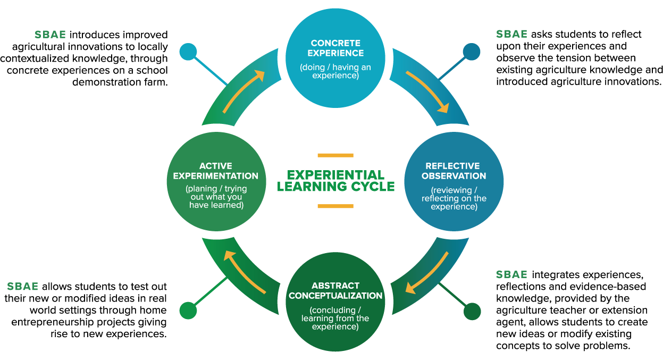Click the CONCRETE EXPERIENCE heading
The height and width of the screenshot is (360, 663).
coord(335,48)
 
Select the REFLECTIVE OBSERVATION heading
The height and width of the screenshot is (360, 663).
coord(456,171)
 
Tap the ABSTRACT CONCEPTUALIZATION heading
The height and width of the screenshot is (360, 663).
coord(335,290)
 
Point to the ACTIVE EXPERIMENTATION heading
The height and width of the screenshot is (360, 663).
coord(215,171)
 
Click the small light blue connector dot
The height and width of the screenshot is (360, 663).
coord(188,52)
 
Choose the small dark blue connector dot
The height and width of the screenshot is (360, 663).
coord(472,52)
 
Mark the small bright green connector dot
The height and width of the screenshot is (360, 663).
coord(188,311)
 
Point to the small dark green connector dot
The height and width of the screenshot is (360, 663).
coord(472,312)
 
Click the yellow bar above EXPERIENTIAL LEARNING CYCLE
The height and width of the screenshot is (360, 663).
coord(335,155)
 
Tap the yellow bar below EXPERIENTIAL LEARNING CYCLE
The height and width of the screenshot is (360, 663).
coord(335,206)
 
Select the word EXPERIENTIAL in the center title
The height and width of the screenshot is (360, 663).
coord(335,175)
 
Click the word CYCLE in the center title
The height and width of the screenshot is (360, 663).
coord(372,187)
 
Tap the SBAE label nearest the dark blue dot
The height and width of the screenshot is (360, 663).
coord(511,34)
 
